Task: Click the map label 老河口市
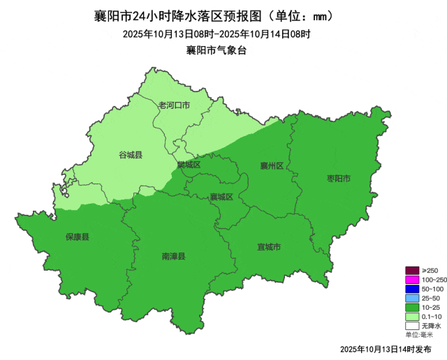[174, 105]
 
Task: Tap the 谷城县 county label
[131, 155]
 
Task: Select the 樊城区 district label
[189, 165]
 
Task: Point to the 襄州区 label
[271, 166]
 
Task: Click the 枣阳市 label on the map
[339, 179]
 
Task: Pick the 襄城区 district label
[221, 197]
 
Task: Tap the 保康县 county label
[78, 237]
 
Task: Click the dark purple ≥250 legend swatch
[412, 271]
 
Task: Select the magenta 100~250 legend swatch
[412, 280]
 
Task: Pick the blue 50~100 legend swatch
[412, 289]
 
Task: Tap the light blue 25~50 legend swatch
[412, 298]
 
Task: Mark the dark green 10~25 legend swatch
[412, 307]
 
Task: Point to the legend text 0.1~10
[431, 316]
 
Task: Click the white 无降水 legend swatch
[412, 325]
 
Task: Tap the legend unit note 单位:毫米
[421, 334]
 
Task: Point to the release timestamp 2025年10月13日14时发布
[386, 348]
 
